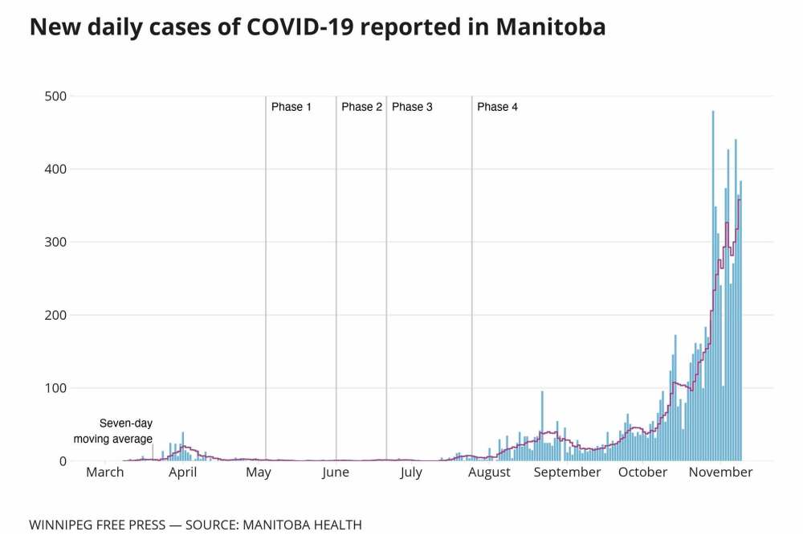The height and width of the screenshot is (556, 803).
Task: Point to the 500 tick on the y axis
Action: [x=55, y=96]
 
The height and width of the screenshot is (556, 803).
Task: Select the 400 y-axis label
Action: [x=55, y=170]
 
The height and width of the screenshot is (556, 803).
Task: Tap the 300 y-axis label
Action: [x=55, y=242]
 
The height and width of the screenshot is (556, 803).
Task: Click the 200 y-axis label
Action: [x=55, y=315]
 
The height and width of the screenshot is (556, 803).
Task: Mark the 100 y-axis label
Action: [x=55, y=388]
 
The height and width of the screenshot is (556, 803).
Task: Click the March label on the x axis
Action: [x=105, y=472]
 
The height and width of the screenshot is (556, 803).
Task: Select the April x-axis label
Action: [x=182, y=472]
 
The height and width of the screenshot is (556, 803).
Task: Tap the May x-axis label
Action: [x=259, y=472]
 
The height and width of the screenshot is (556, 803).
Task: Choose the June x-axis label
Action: [x=336, y=472]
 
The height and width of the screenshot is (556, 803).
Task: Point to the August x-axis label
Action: [x=489, y=472]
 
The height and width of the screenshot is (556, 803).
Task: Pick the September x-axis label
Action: [x=568, y=472]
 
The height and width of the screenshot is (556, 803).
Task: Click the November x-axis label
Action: [x=720, y=472]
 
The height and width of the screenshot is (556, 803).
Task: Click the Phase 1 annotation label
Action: [x=291, y=107]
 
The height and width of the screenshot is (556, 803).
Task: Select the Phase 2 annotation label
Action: [x=361, y=107]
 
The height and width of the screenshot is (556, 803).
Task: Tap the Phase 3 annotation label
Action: [x=412, y=107]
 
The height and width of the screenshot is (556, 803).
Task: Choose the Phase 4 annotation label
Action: [x=497, y=107]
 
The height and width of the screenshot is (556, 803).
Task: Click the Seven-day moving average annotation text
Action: [x=113, y=431]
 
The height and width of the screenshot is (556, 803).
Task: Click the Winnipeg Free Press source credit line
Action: [x=195, y=525]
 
